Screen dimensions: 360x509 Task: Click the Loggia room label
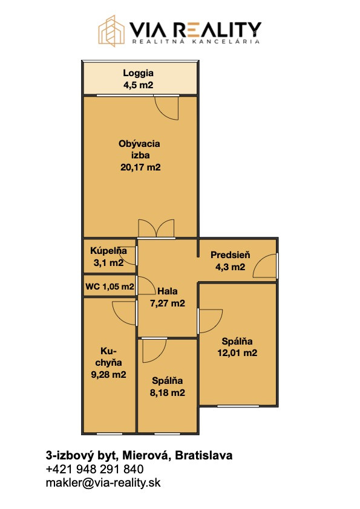(x=138, y=73)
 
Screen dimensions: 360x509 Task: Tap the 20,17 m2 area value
(x=140, y=167)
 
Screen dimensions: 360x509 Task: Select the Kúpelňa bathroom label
(x=108, y=251)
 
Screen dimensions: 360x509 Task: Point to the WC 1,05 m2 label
(x=110, y=287)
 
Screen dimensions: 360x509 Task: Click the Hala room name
(x=168, y=291)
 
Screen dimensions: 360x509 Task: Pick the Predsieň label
(x=231, y=255)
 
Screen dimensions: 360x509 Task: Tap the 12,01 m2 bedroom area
(x=237, y=353)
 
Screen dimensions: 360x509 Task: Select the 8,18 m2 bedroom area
(x=168, y=393)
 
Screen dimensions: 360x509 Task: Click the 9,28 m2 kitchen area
(x=108, y=375)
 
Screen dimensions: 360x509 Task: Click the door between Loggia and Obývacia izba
(x=166, y=108)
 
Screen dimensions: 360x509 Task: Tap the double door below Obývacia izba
(x=156, y=229)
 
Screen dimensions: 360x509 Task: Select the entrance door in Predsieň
(x=265, y=266)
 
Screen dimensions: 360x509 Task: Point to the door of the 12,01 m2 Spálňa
(x=210, y=321)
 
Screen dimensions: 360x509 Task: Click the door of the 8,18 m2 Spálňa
(x=154, y=351)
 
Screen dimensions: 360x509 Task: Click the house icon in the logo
(x=111, y=31)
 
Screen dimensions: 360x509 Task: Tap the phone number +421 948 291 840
(x=94, y=469)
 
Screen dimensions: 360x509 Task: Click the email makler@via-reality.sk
(x=103, y=483)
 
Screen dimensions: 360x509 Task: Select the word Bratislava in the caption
(x=204, y=455)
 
